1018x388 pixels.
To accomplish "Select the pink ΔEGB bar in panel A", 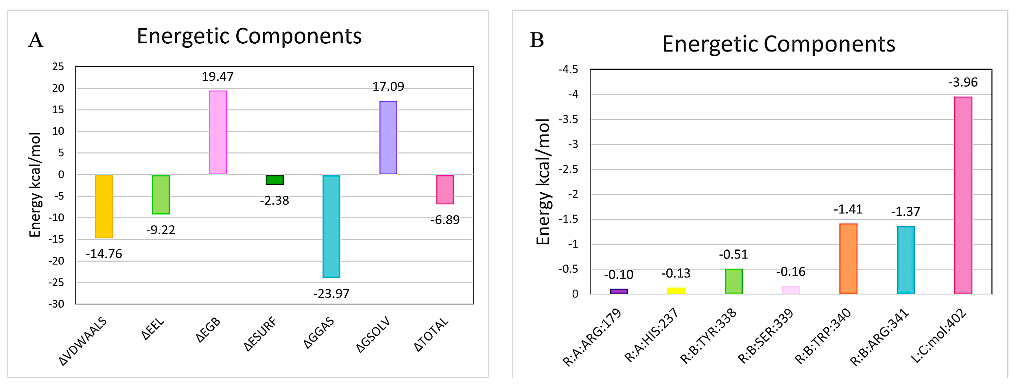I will click(218, 132).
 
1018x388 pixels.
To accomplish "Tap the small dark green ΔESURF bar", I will click(275, 180).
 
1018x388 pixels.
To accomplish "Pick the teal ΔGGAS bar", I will click(331, 226).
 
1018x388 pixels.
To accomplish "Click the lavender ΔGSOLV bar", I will click(388, 138).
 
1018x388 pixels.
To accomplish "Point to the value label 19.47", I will click(218, 76).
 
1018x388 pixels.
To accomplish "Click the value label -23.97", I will click(331, 293).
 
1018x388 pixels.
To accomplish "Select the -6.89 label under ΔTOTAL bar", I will click(445, 220).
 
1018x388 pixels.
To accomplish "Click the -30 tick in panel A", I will click(56, 304).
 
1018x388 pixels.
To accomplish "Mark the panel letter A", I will click(36, 40).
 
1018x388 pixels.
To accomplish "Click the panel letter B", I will click(537, 40).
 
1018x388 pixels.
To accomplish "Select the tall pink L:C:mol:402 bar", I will click(963, 195).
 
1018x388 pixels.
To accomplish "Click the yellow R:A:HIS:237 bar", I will click(676, 290).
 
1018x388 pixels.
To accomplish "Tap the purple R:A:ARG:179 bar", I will click(619, 291).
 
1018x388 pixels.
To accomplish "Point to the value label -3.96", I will click(963, 82).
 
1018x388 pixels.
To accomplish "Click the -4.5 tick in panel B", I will click(568, 70).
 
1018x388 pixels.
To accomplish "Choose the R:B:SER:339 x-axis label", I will click(766, 336).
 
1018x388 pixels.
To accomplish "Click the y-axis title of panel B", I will click(543, 182).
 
